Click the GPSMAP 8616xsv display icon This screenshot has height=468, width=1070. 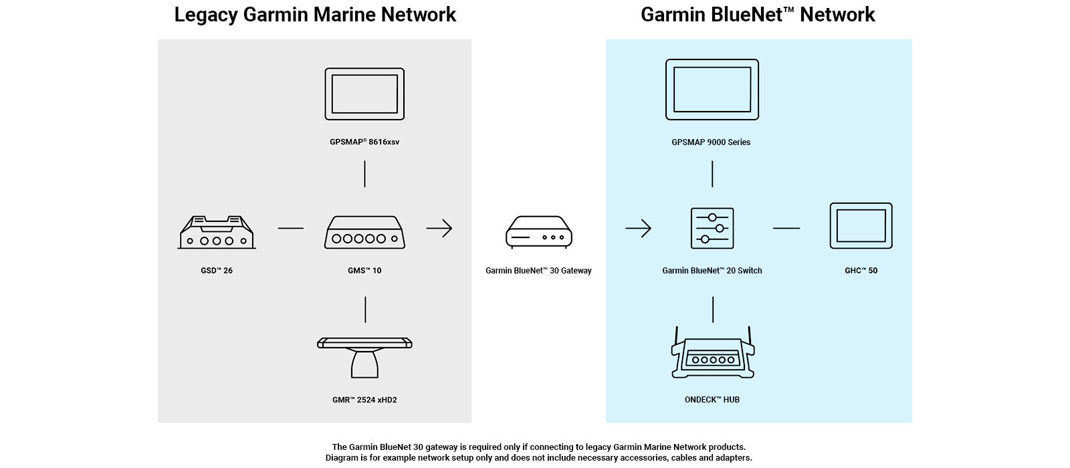(364, 94)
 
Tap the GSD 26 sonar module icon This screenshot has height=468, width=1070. (217, 233)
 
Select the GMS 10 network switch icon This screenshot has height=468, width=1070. (364, 233)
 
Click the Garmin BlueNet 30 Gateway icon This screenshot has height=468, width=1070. (539, 232)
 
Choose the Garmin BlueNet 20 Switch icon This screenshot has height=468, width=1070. (712, 228)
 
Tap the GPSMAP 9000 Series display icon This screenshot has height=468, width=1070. (712, 90)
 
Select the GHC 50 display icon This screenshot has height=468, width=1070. (861, 226)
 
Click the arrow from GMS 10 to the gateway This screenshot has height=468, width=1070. (439, 229)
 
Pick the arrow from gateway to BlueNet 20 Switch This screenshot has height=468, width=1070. (639, 229)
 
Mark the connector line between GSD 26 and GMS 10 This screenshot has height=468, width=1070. (290, 229)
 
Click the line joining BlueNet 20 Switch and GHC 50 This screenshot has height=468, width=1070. (786, 229)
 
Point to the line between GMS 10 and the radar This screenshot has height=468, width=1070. (365, 310)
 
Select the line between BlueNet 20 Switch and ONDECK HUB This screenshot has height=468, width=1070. (713, 310)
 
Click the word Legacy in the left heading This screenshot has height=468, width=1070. (206, 15)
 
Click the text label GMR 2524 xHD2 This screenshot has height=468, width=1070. (364, 400)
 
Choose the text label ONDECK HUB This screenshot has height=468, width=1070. (712, 400)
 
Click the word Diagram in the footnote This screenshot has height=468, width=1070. (342, 458)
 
